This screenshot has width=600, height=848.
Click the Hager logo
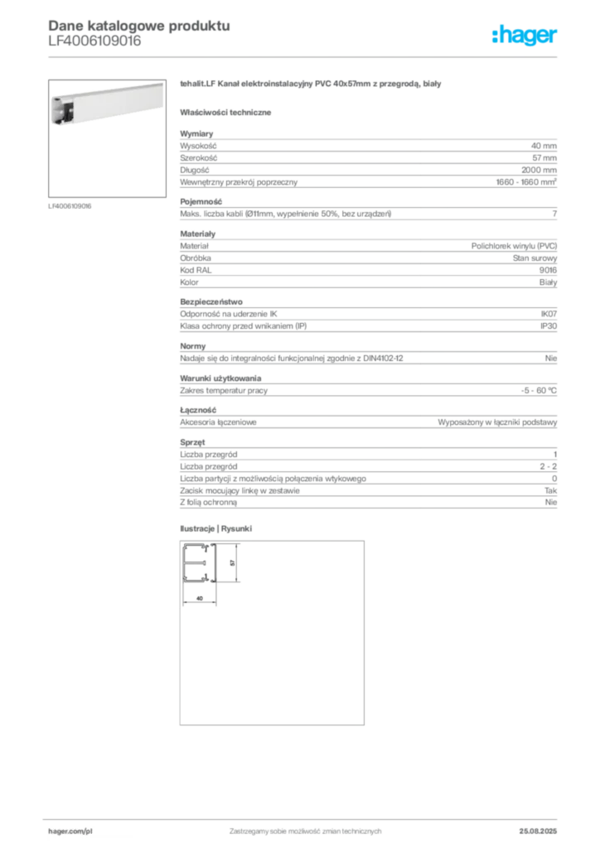[x=525, y=35]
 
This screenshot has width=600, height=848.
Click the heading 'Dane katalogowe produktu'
[x=139, y=26]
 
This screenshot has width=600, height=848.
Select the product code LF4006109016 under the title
[x=94, y=41]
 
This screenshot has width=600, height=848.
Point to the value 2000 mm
[x=539, y=170]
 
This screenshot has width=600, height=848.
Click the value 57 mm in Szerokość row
[x=544, y=158]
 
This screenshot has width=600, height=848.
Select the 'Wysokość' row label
[x=198, y=146]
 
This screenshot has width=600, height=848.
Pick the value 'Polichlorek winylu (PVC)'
[x=514, y=246]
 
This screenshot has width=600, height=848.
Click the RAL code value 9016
[x=548, y=271]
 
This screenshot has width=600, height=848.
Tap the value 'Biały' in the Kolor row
[x=548, y=282]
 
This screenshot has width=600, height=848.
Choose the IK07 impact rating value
[x=549, y=314]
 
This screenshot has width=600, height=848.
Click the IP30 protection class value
[x=549, y=326]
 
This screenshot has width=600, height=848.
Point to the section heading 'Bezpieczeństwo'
[x=211, y=301]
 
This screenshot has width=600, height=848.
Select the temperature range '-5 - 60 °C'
[x=539, y=391]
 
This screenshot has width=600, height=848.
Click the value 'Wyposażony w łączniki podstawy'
[x=497, y=422]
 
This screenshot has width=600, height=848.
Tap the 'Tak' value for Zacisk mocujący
[x=551, y=490]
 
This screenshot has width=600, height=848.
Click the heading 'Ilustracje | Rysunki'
[x=215, y=528]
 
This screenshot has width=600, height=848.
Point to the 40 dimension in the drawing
[x=200, y=598]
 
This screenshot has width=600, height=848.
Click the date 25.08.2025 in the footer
[x=538, y=831]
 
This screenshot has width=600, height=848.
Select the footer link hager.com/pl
[x=70, y=831]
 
